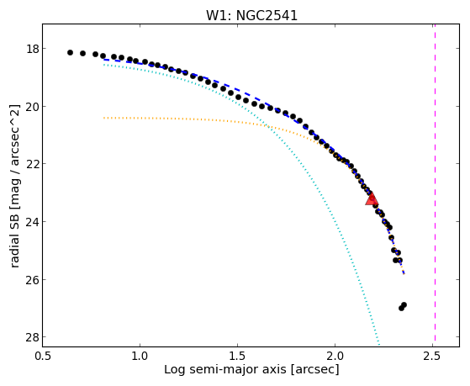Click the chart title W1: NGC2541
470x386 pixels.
coord(251,16)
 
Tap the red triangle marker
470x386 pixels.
coord(372,198)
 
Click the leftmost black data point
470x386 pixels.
coord(70,52)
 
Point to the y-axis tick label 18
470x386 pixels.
coord(33,49)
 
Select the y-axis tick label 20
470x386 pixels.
coord(33,107)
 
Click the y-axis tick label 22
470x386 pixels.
coord(33,164)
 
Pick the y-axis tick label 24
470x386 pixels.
coord(33,222)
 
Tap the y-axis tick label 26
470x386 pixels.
coord(33,279)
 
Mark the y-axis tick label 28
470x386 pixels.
coord(33,337)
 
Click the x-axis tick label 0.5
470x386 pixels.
coord(43,356)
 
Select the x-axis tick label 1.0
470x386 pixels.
coord(140,356)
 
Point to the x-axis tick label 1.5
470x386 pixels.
coord(237,356)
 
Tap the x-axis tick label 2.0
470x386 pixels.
coord(335,356)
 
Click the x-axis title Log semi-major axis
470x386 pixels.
coord(225,369)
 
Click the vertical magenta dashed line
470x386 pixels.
coord(435,185)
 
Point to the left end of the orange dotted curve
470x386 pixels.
coord(103,118)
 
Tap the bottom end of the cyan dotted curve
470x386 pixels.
coord(379,346)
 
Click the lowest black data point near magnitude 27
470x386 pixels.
coord(401,308)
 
